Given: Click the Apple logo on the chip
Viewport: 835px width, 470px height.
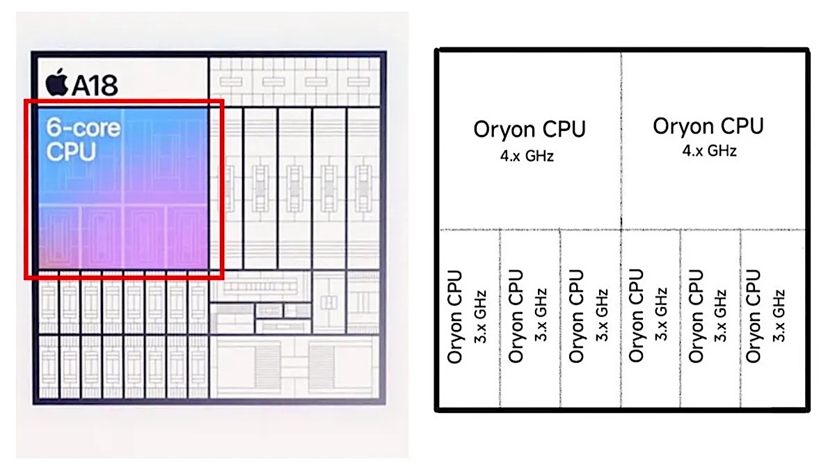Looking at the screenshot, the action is pyautogui.click(x=56, y=82).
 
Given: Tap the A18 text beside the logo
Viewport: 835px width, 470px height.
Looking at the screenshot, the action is pyautogui.click(x=95, y=85).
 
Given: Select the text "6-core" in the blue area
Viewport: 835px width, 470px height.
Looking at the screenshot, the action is pyautogui.click(x=83, y=128).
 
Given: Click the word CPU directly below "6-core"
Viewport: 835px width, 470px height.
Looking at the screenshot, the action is pyautogui.click(x=71, y=152).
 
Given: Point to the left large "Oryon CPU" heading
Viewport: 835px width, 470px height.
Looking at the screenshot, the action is pyautogui.click(x=530, y=129).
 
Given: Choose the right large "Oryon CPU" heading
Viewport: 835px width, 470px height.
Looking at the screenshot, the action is pyautogui.click(x=708, y=126).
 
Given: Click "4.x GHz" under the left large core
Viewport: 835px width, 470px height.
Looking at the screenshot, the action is pyautogui.click(x=527, y=156).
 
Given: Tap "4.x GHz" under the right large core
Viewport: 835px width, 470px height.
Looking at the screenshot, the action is pyautogui.click(x=709, y=151).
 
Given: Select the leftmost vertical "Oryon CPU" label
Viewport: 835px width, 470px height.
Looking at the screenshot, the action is pyautogui.click(x=454, y=317).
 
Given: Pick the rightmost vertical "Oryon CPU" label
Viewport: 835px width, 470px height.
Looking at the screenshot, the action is pyautogui.click(x=754, y=316).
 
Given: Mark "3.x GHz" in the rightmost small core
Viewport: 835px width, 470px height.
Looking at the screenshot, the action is pyautogui.click(x=779, y=316).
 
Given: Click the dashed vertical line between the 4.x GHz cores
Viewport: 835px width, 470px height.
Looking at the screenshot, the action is pyautogui.click(x=621, y=140).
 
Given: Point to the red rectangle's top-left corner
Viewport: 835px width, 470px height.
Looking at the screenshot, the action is pyautogui.click(x=25, y=100).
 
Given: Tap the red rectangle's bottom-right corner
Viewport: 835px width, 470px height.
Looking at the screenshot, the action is pyautogui.click(x=223, y=278).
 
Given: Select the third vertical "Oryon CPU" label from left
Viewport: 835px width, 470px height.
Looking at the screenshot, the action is pyautogui.click(x=576, y=316).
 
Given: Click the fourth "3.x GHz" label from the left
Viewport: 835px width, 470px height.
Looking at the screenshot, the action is pyautogui.click(x=661, y=314).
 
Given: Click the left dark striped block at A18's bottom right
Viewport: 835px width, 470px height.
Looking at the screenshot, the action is pyautogui.click(x=267, y=366).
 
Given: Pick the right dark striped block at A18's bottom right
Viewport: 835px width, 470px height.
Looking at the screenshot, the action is pyautogui.click(x=321, y=366).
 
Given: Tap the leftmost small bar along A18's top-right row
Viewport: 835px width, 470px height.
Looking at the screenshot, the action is pyautogui.click(x=231, y=81).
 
